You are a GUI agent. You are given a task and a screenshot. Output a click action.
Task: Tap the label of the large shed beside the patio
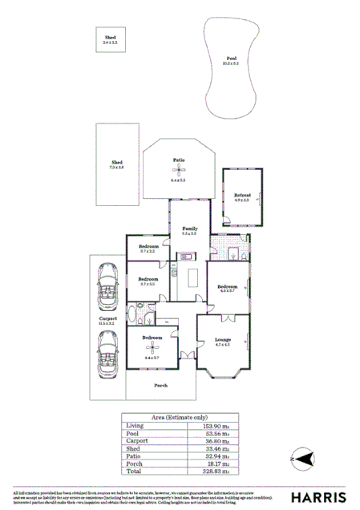coord(116,164)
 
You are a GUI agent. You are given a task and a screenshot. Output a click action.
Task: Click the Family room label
coord(189,229)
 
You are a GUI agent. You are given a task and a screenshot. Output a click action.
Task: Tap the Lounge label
coord(223,340)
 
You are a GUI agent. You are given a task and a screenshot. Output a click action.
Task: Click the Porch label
coord(160,385)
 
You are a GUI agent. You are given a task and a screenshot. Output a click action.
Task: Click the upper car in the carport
coord(107,281)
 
